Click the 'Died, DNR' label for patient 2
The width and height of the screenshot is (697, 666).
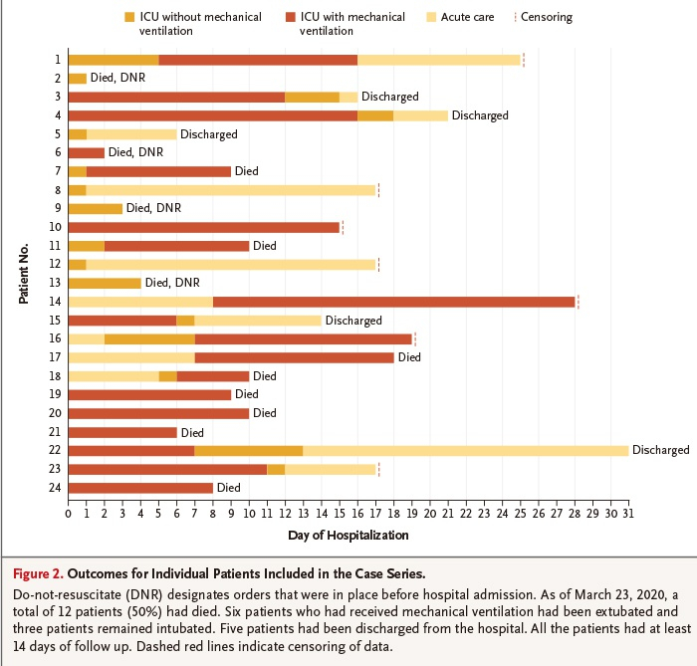pyautogui.click(x=118, y=78)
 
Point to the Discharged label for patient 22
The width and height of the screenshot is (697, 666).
pyautogui.click(x=660, y=450)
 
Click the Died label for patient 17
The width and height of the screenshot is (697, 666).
pyautogui.click(x=410, y=357)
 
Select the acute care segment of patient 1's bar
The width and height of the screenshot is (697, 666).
pyautogui.click(x=439, y=60)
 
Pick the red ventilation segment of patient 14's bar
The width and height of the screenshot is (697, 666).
pyautogui.click(x=393, y=302)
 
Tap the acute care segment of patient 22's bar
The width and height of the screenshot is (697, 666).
pyautogui.click(x=465, y=450)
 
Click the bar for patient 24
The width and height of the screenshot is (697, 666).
pyautogui.click(x=139, y=488)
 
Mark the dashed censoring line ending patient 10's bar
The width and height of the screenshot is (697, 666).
pyautogui.click(x=343, y=227)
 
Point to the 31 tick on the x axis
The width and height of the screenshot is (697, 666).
pyautogui.click(x=628, y=515)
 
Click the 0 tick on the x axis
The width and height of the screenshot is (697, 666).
pyautogui.click(x=68, y=515)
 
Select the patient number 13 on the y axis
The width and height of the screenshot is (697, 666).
pyautogui.click(x=56, y=283)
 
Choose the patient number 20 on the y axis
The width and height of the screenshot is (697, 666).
pyautogui.click(x=56, y=413)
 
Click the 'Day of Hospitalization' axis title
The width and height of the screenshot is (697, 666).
pyautogui.click(x=348, y=536)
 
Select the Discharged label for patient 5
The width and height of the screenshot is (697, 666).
pyautogui.click(x=208, y=134)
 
